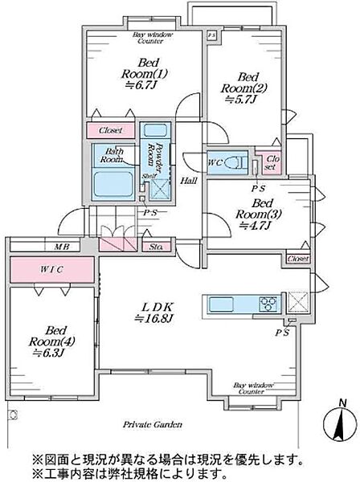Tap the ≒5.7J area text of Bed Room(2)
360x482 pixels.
click(x=241, y=100)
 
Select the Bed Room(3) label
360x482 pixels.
click(x=258, y=209)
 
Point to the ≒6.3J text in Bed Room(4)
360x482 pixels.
click(x=47, y=353)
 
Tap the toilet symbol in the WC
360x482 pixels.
click(x=235, y=161)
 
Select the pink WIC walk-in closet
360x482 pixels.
click(x=52, y=270)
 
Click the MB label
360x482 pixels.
click(x=62, y=247)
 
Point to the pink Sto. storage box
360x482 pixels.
click(x=156, y=247)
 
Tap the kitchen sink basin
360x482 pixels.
click(x=221, y=304)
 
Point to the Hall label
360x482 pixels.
click(x=189, y=181)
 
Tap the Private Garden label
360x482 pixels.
click(x=153, y=425)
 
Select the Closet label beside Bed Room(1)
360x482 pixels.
click(x=110, y=130)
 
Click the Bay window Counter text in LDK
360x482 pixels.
click(x=252, y=388)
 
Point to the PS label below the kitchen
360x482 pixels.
click(x=282, y=333)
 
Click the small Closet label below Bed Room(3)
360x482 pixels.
click(x=298, y=259)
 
